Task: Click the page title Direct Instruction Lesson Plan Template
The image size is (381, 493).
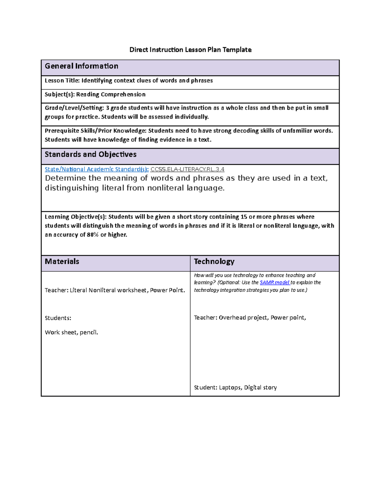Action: pyautogui.click(x=190, y=50)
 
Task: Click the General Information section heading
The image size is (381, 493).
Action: pyautogui.click(x=82, y=66)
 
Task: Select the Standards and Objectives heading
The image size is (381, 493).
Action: pyautogui.click(x=90, y=154)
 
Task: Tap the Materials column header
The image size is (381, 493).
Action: pyautogui.click(x=62, y=261)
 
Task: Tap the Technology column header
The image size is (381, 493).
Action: pyautogui.click(x=214, y=261)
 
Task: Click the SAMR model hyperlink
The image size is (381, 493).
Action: pyautogui.click(x=274, y=282)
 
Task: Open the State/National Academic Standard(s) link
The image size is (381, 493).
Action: pyautogui.click(x=97, y=169)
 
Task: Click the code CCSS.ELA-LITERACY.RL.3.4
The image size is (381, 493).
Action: pyautogui.click(x=187, y=169)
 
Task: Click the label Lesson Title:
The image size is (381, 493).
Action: pyautogui.click(x=62, y=81)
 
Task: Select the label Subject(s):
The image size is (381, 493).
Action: pyautogui.click(x=60, y=94)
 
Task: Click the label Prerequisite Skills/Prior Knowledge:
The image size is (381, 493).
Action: pyautogui.click(x=96, y=131)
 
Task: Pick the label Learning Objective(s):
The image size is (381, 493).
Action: pyautogui.click(x=76, y=217)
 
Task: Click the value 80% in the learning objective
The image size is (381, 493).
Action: pyautogui.click(x=92, y=235)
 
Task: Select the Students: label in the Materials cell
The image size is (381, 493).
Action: pyautogui.click(x=58, y=318)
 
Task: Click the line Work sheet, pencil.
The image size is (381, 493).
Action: pyautogui.click(x=71, y=332)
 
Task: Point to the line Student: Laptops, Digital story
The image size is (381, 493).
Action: pyautogui.click(x=235, y=387)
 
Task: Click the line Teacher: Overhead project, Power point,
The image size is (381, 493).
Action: pyautogui.click(x=250, y=317)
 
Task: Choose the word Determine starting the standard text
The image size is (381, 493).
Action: pyautogui.click(x=65, y=178)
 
